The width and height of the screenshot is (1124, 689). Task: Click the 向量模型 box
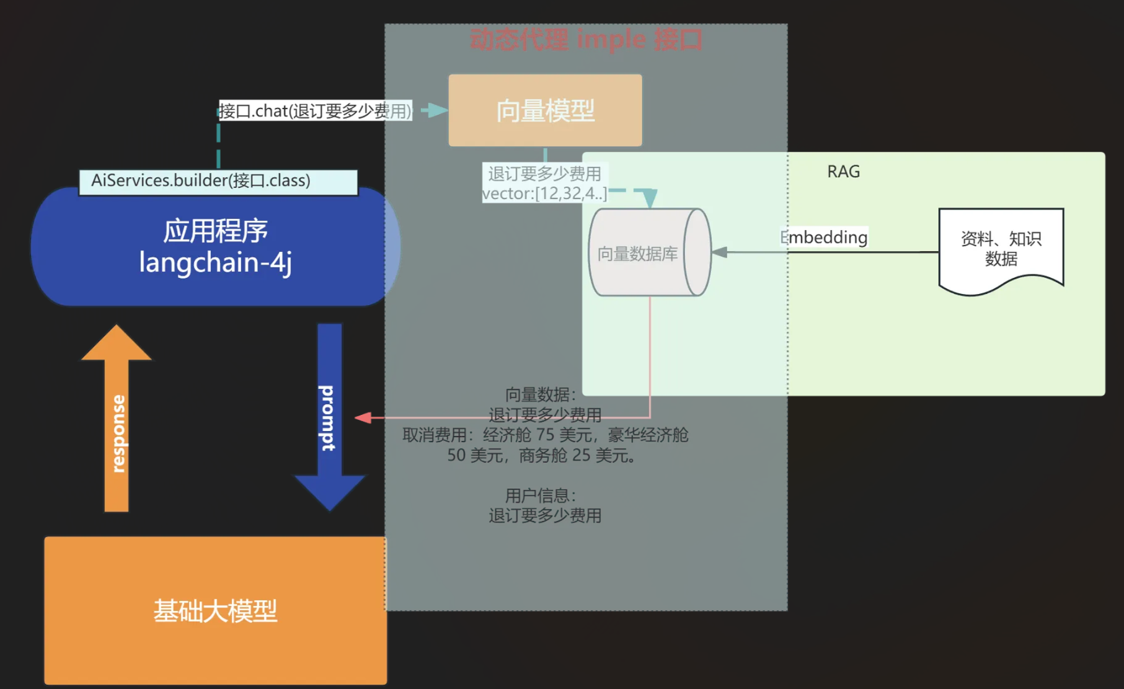(x=545, y=110)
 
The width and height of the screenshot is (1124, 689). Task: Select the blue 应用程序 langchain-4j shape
(x=215, y=247)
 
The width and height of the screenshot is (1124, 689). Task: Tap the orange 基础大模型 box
(x=215, y=610)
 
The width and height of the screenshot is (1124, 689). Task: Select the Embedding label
(x=824, y=237)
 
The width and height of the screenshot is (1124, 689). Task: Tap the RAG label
(x=843, y=172)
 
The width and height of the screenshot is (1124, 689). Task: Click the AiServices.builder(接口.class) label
(x=218, y=181)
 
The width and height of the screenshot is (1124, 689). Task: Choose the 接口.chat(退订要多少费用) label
(x=315, y=111)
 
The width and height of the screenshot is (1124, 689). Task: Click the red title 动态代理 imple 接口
(x=586, y=40)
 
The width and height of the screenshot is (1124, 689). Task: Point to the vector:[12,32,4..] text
(x=544, y=193)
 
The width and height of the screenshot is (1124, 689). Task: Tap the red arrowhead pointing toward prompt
(x=363, y=418)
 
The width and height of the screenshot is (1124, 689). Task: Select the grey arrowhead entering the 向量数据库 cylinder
(x=720, y=252)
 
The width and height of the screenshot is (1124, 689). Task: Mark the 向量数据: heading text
(x=541, y=394)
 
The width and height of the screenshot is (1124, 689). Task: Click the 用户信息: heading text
(x=541, y=496)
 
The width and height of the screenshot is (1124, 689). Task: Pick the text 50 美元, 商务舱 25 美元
(x=542, y=455)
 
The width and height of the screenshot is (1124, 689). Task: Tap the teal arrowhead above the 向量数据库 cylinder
(x=649, y=198)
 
